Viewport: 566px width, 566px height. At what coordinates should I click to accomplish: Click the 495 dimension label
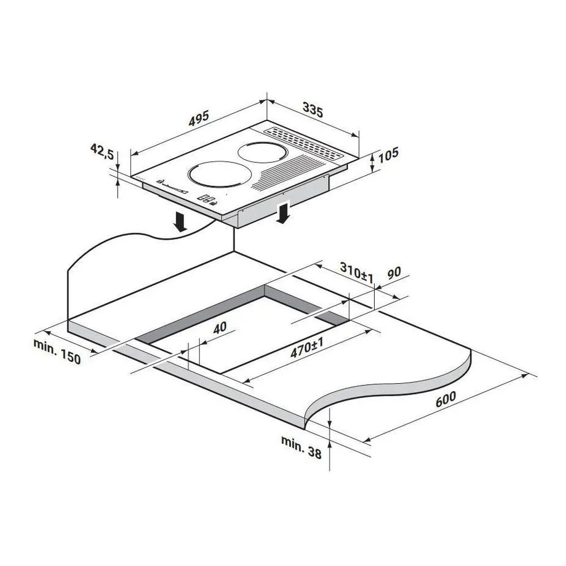(199, 118)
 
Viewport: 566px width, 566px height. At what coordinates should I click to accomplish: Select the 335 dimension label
(312, 110)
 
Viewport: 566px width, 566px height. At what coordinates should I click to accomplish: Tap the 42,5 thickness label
(102, 151)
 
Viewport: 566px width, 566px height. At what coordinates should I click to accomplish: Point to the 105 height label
(388, 154)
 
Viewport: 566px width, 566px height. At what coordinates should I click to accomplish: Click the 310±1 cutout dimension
(356, 272)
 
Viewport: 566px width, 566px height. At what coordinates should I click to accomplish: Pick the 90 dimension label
(394, 273)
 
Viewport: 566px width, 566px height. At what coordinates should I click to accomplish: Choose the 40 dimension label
(220, 327)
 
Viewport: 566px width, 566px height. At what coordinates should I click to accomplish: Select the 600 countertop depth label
(445, 398)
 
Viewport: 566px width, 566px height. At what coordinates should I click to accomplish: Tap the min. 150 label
(57, 351)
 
